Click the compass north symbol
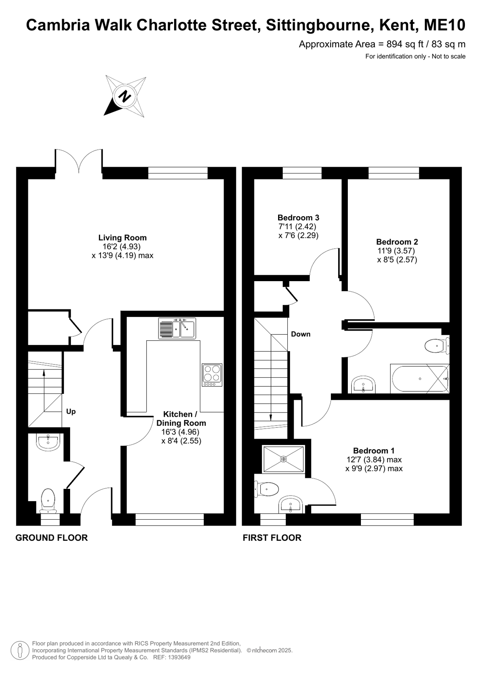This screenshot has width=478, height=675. click(125, 96)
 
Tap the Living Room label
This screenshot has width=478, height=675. click(123, 238)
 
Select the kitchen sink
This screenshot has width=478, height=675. click(177, 328)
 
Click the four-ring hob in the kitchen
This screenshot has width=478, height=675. click(212, 375)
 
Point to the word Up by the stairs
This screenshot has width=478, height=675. click(71, 412)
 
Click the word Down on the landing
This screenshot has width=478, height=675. click(300, 334)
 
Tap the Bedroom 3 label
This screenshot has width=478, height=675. click(298, 217)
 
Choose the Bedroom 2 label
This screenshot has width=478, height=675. click(397, 241)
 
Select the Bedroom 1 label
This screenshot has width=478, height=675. click(374, 450)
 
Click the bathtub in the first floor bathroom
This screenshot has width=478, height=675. click(420, 379)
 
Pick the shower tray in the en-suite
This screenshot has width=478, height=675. click(283, 459)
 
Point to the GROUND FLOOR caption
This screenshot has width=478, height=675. click(52, 538)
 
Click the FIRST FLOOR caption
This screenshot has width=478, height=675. click(272, 538)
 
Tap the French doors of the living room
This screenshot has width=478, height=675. click(79, 161)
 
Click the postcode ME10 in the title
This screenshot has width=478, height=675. click(445, 25)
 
